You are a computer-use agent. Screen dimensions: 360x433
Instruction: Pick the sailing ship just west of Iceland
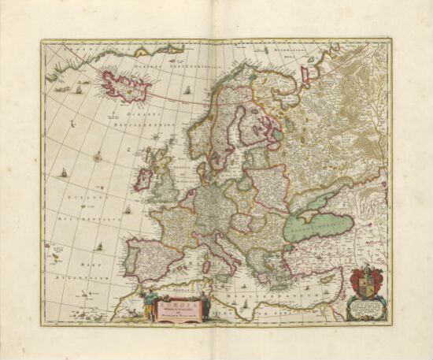(x=80, y=89)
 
